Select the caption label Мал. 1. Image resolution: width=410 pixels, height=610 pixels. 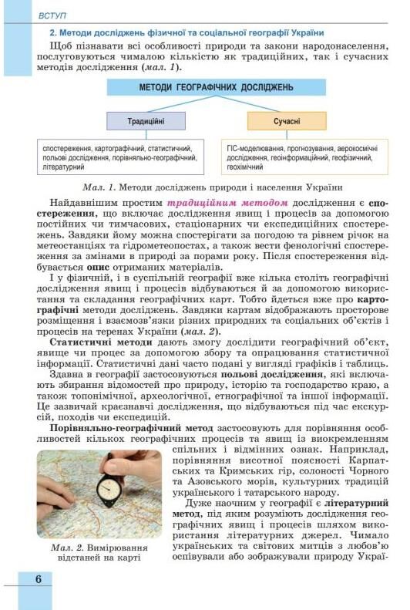(99, 187)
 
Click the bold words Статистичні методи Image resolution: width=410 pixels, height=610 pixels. (94, 340)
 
